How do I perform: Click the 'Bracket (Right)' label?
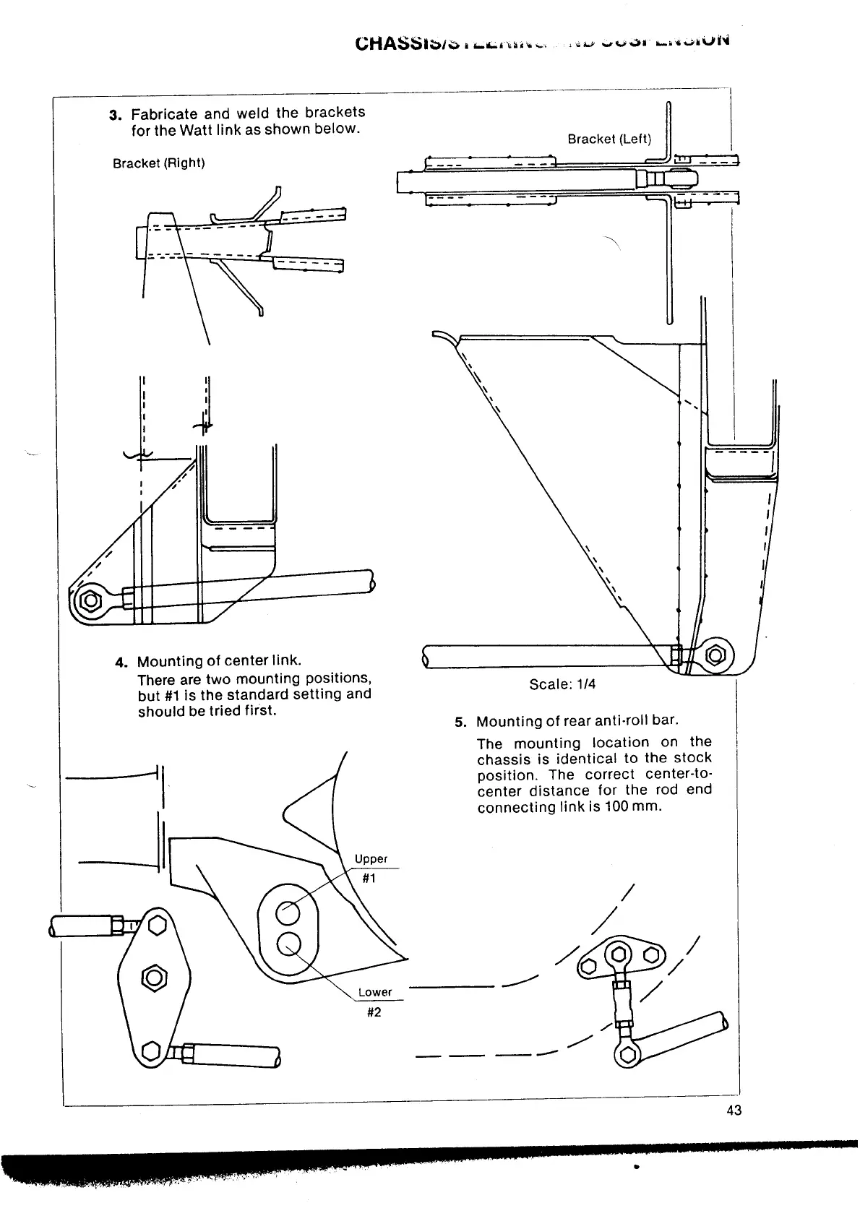pyautogui.click(x=159, y=163)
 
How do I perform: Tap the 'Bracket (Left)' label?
pyautogui.click(x=609, y=139)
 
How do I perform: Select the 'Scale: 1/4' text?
pyautogui.click(x=562, y=684)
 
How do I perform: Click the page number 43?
pyautogui.click(x=734, y=1111)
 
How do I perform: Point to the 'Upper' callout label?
pyautogui.click(x=371, y=859)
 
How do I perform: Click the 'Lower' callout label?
pyautogui.click(x=375, y=992)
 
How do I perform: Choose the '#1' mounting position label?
pyautogui.click(x=369, y=879)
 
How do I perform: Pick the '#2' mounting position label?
pyautogui.click(x=374, y=1012)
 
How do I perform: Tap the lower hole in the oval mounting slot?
pyautogui.click(x=289, y=943)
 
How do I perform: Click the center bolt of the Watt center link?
pyautogui.click(x=154, y=978)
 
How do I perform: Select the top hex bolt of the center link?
pyautogui.click(x=157, y=926)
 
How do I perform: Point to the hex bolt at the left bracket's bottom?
pyautogui.click(x=716, y=655)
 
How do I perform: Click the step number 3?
pyautogui.click(x=114, y=115)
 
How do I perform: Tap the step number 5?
pyautogui.click(x=459, y=722)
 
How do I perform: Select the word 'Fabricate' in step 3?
pyautogui.click(x=164, y=114)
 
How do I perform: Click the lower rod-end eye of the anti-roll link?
pyautogui.click(x=625, y=1055)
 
